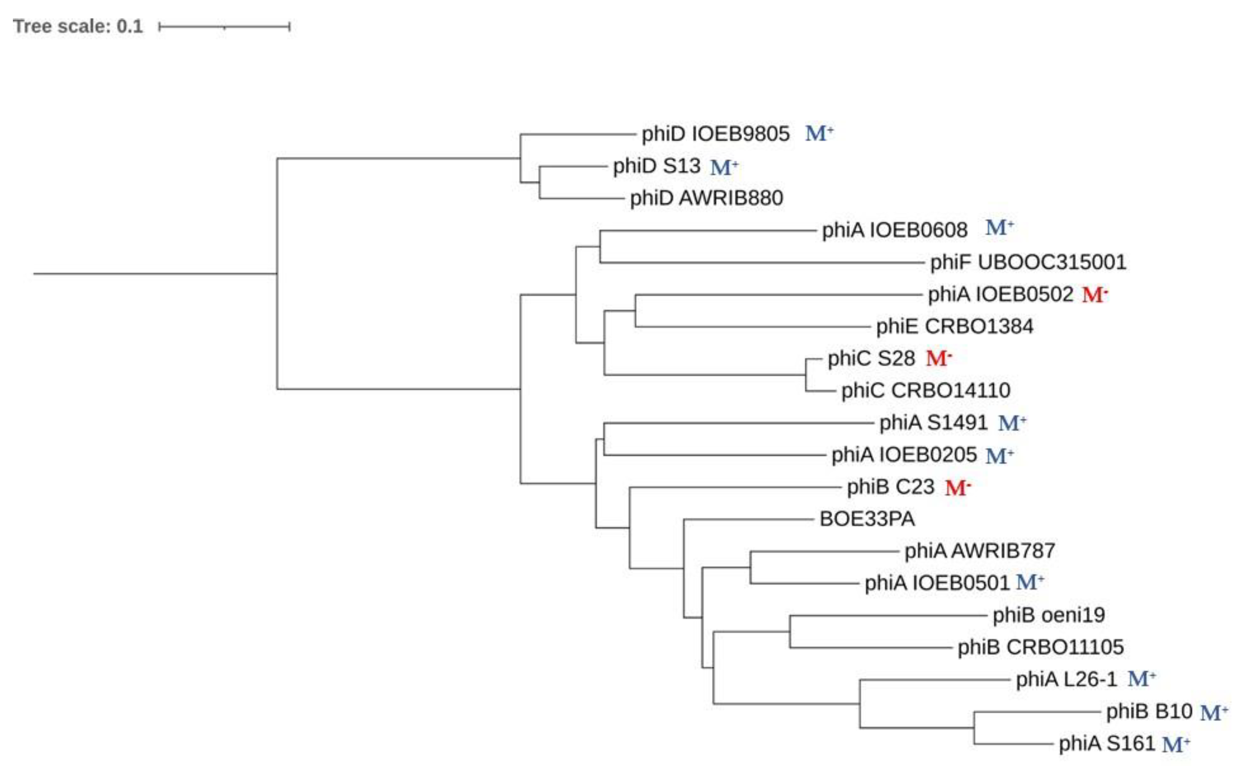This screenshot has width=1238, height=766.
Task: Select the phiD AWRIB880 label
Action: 706,198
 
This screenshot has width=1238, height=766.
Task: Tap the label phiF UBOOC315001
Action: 1028,262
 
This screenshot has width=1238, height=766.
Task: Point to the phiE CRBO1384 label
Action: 954,327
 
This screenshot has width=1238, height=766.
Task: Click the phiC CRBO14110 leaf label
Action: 925,390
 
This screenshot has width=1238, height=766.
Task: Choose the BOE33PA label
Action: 867,519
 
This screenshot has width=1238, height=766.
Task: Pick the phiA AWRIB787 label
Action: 980,551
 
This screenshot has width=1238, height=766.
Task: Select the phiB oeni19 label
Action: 1048,615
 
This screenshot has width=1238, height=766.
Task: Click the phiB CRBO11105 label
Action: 1040,647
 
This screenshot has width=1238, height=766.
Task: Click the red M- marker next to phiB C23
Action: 958,488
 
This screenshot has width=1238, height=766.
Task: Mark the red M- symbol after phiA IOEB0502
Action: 1094,295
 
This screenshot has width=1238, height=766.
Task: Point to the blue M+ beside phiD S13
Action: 724,167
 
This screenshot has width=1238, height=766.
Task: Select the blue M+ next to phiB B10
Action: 1214,712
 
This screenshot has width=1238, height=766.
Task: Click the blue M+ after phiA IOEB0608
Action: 999,228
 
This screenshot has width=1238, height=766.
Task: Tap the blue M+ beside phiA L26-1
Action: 1141,679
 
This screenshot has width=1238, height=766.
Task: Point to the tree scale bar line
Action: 224,27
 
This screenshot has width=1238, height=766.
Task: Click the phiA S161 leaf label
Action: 1106,744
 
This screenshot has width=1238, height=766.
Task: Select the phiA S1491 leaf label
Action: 933,422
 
